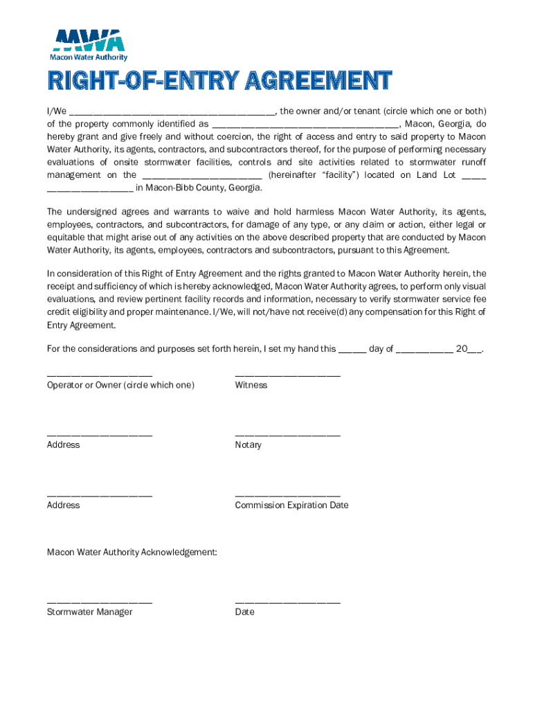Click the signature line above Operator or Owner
[x=100, y=375]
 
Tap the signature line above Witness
[x=287, y=375]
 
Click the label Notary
[x=249, y=445]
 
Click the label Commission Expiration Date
[x=291, y=505]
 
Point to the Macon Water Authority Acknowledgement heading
[x=132, y=552]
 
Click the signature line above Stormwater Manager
[x=100, y=602]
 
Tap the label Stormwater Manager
[x=89, y=612]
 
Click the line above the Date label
[x=287, y=602]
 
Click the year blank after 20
[x=475, y=350]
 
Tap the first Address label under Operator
[x=63, y=445]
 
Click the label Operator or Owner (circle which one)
[x=120, y=385]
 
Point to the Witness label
[x=251, y=385]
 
